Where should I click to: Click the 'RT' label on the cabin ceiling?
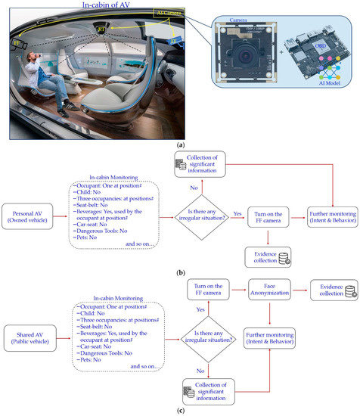tap(101, 29)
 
